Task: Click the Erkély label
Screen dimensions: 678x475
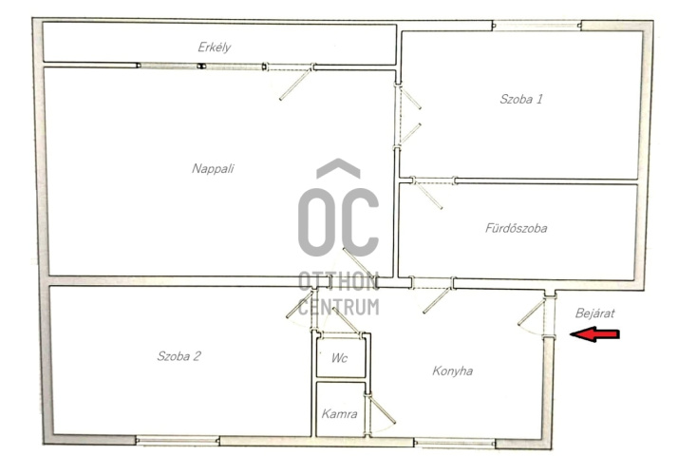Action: click(214, 47)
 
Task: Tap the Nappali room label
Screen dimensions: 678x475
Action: click(213, 168)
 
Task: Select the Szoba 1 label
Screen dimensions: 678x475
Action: click(521, 99)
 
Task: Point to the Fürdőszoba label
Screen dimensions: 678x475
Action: click(516, 228)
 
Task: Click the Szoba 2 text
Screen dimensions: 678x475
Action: click(179, 356)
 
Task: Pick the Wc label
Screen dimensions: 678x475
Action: click(339, 358)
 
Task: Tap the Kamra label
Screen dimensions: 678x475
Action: click(339, 414)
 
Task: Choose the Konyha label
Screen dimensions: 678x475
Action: click(452, 370)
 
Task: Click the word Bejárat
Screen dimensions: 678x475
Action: click(594, 313)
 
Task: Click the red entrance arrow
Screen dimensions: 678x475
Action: click(595, 334)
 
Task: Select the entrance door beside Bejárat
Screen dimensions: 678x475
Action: click(532, 313)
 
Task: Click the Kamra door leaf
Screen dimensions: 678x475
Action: click(383, 409)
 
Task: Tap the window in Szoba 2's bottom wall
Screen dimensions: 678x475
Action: click(178, 441)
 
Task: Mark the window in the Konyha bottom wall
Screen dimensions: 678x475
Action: click(455, 443)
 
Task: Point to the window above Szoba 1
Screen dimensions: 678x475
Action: click(537, 26)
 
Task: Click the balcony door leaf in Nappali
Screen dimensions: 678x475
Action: click(295, 85)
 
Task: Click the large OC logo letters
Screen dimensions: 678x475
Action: click(338, 222)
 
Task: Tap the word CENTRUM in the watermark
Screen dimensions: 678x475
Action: click(339, 307)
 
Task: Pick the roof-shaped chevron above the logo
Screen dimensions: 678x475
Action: click(338, 168)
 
